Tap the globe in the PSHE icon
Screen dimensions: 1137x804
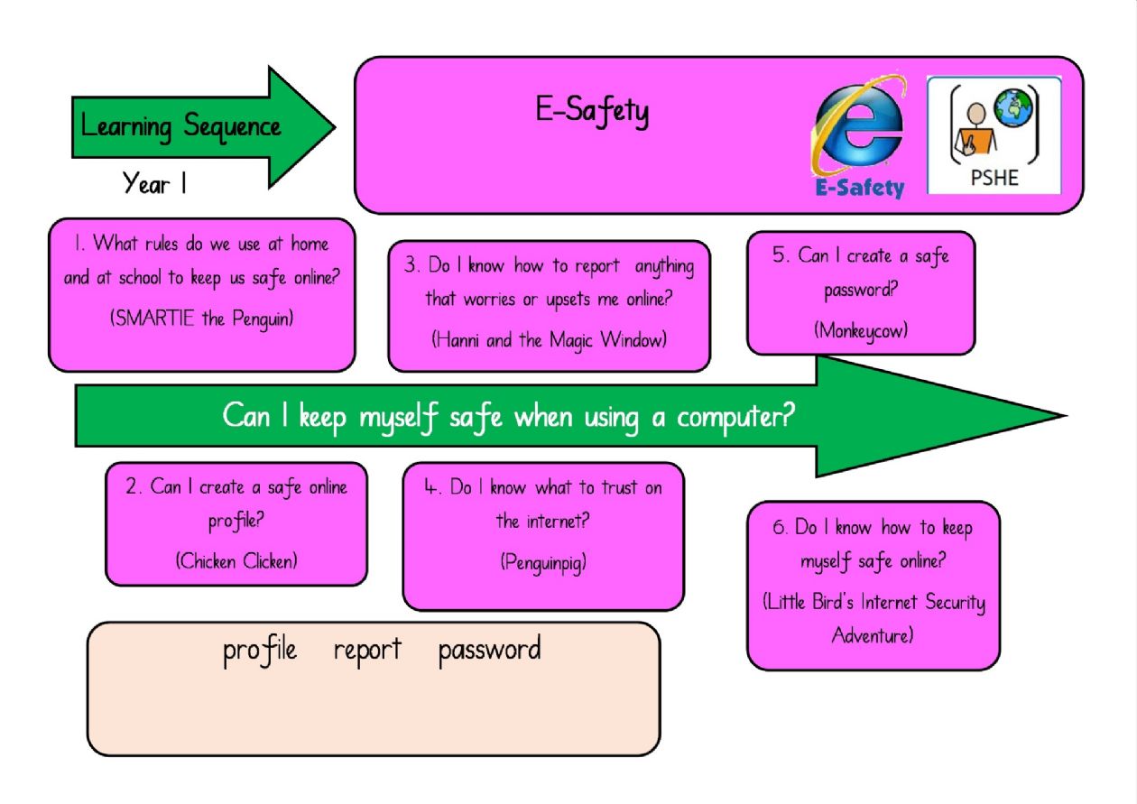[1013, 107]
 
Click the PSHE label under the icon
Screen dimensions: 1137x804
[994, 178]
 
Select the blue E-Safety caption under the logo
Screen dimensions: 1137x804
[860, 188]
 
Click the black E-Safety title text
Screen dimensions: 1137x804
[592, 111]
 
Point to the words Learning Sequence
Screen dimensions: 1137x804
[180, 126]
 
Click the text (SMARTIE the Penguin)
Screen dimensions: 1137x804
[201, 319]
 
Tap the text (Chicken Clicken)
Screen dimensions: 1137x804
[236, 561]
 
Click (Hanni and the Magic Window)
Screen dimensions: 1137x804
[550, 340]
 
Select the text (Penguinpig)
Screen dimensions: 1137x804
[543, 563]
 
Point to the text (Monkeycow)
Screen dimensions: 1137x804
[861, 331]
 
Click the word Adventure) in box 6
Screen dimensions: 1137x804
[873, 635]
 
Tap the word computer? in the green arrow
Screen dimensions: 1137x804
[736, 417]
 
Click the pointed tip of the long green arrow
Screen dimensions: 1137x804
[1066, 416]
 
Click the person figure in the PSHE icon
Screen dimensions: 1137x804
[975, 128]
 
